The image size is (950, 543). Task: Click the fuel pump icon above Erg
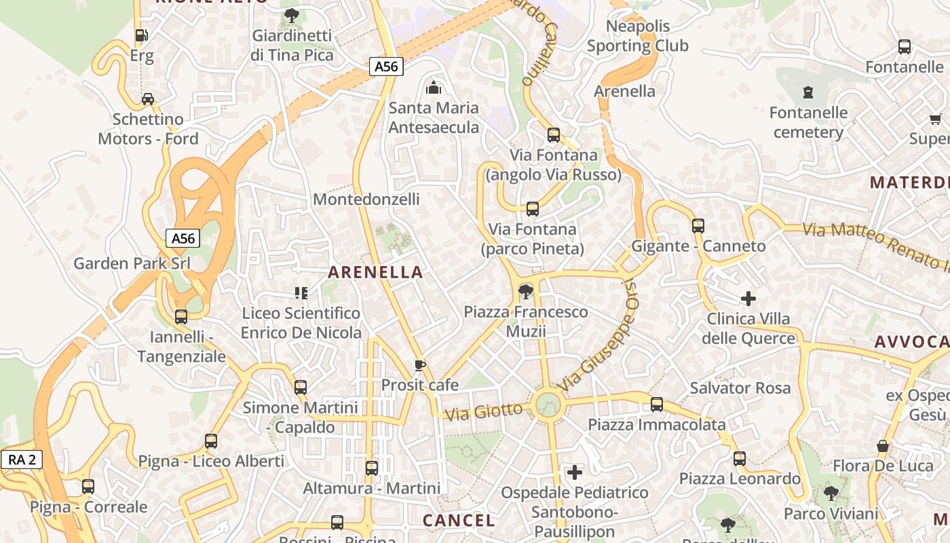click(x=141, y=36)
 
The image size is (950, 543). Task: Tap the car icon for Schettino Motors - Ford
click(x=148, y=99)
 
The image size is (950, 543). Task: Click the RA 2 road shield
click(x=22, y=460)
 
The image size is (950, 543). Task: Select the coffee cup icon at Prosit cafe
click(x=420, y=366)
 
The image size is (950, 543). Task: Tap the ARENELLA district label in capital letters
click(x=375, y=273)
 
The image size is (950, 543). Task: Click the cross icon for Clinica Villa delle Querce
click(x=748, y=299)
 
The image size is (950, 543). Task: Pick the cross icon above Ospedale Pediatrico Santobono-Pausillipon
click(x=575, y=472)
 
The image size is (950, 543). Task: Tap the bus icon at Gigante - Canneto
click(x=698, y=226)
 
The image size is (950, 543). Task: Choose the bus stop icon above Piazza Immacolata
click(x=657, y=405)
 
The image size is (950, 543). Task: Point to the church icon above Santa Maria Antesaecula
click(x=433, y=88)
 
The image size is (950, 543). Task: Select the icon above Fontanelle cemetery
click(x=808, y=92)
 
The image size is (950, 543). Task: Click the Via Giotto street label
click(x=484, y=411)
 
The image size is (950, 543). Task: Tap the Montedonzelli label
click(x=366, y=200)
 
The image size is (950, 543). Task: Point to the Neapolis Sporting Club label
click(x=637, y=36)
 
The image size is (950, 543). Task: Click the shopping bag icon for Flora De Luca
click(x=883, y=446)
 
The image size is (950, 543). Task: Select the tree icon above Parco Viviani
click(x=831, y=493)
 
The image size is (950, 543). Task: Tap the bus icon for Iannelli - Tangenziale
click(x=181, y=317)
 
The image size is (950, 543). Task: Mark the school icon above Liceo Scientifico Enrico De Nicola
click(x=301, y=293)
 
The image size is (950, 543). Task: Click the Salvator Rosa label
click(x=740, y=388)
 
